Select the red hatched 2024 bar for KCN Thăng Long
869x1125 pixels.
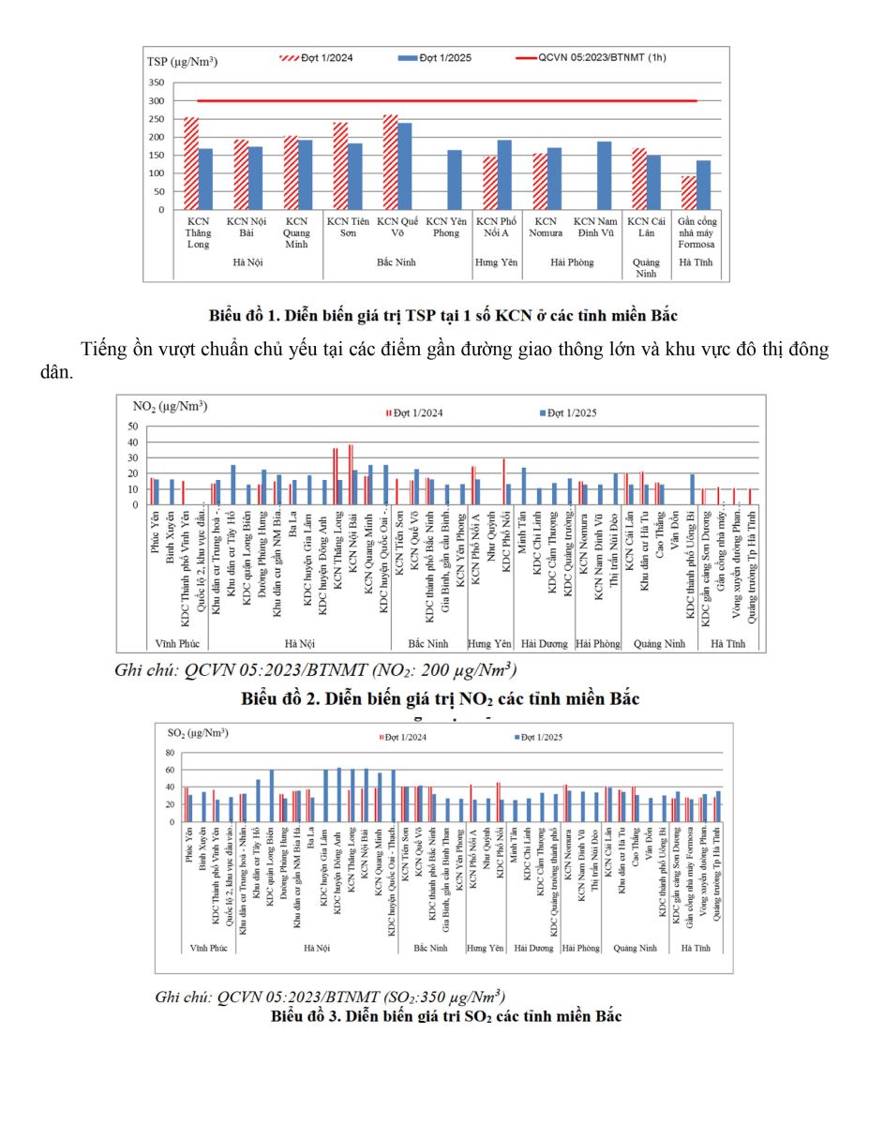tap(191, 164)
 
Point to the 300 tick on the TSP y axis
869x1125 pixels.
tap(157, 101)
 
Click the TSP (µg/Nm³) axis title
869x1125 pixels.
tap(182, 62)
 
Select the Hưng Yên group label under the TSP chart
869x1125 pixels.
tap(497, 262)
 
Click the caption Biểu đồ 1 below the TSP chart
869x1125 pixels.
tap(444, 314)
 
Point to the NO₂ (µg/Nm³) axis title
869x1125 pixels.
tap(170, 406)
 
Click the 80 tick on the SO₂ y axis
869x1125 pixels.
tap(171, 753)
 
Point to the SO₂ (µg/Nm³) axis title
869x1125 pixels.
tap(199, 732)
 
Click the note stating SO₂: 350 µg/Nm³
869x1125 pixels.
tap(330, 997)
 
